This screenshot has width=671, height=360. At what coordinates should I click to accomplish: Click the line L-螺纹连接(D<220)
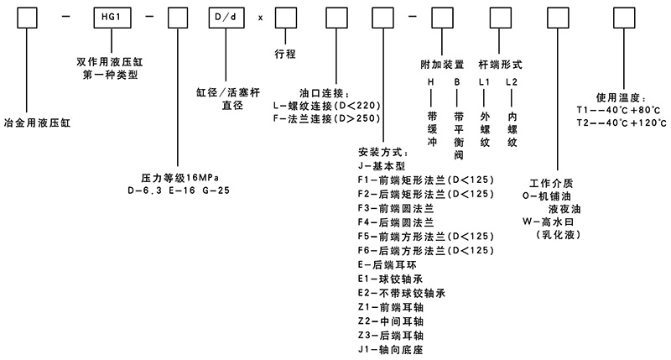click(x=328, y=107)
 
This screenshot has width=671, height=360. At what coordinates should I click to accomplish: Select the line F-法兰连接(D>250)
click(x=328, y=120)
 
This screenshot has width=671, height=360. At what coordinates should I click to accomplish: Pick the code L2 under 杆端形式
click(x=512, y=83)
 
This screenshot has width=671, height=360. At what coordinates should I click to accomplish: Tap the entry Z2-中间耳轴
click(x=393, y=321)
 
